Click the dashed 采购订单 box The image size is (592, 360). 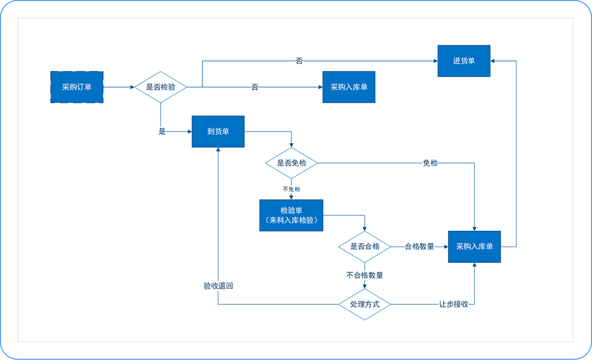click(x=76, y=87)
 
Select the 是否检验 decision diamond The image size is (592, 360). click(x=160, y=87)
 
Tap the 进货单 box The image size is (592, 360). click(x=464, y=60)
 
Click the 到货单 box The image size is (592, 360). click(x=218, y=131)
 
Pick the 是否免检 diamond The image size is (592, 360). click(x=291, y=163)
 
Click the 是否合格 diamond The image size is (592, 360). click(x=365, y=246)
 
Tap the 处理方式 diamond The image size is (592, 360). click(x=365, y=304)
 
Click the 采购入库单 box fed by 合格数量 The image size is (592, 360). click(x=474, y=246)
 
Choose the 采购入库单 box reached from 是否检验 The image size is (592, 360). click(x=349, y=87)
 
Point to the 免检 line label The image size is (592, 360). click(x=430, y=163)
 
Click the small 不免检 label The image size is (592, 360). click(x=291, y=189)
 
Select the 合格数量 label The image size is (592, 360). click(x=420, y=246)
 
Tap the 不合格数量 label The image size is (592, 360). click(x=365, y=275)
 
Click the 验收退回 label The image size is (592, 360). click(x=218, y=285)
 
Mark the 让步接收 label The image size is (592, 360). click(x=454, y=304)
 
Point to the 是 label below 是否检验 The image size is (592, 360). click(x=162, y=131)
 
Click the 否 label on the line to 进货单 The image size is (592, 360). click(x=299, y=60)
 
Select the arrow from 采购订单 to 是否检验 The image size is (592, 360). click(x=118, y=87)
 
